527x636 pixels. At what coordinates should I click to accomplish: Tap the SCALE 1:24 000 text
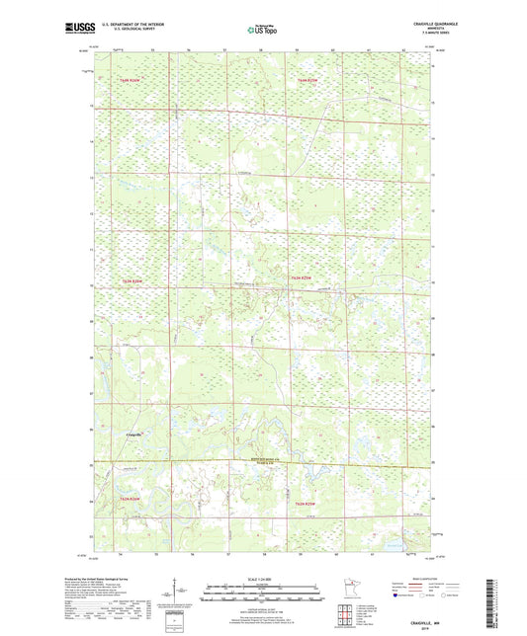[x=263, y=578]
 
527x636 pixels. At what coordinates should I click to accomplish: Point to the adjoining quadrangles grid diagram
[x=347, y=614]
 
